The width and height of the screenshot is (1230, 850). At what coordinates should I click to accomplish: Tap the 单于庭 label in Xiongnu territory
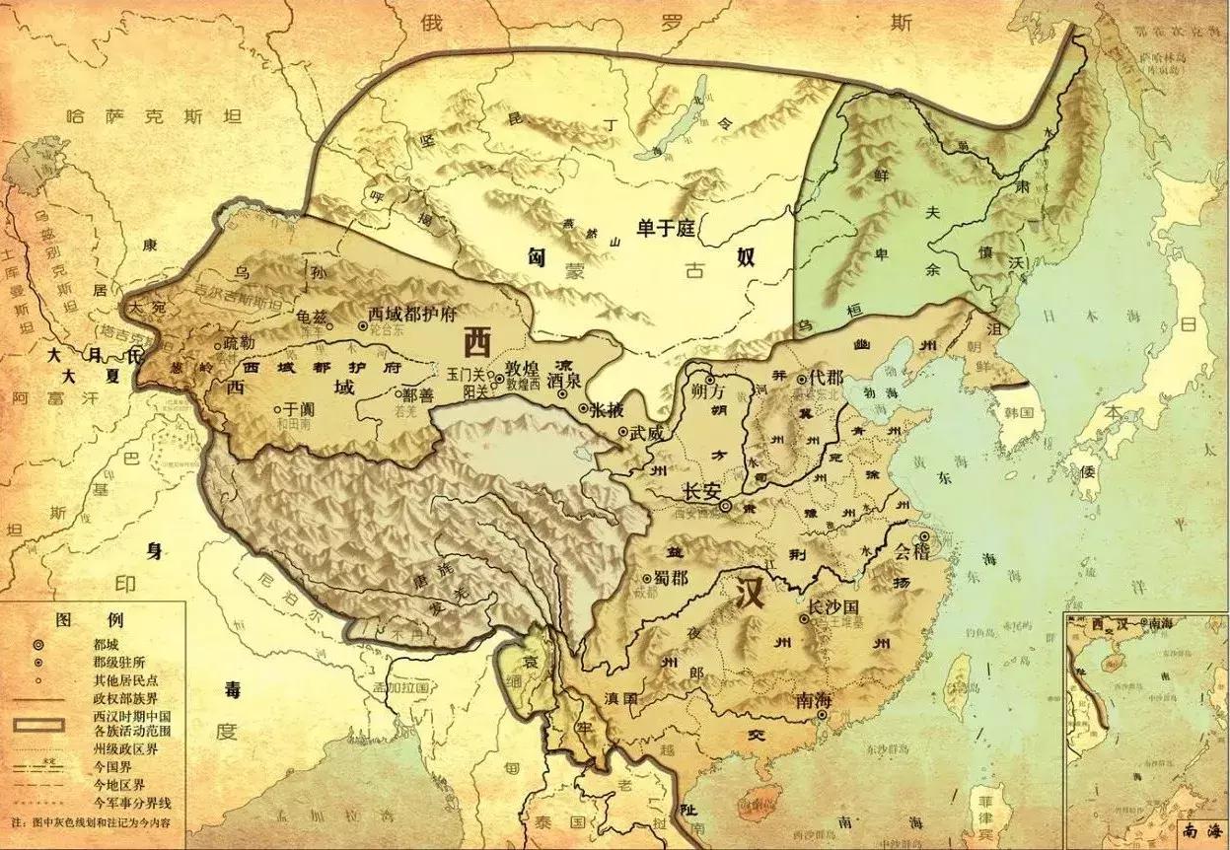point(666,229)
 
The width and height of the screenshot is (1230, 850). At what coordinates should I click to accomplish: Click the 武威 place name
point(648,432)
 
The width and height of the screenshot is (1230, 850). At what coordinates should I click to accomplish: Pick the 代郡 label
point(826,378)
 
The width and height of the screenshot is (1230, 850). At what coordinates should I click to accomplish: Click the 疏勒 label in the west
point(238,344)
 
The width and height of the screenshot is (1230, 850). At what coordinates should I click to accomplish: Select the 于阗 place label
point(298,406)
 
